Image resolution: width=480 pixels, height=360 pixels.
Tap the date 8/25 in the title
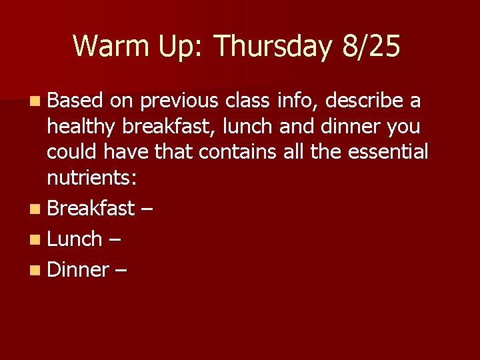coord(371,47)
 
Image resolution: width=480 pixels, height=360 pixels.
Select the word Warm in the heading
coord(109,47)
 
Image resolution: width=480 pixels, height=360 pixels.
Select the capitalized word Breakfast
coord(91,208)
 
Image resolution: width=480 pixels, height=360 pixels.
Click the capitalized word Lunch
coord(74,239)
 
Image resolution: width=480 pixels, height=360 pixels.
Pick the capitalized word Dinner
coord(78,269)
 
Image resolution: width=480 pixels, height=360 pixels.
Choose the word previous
coord(179,101)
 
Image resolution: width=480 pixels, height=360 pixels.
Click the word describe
coord(363,101)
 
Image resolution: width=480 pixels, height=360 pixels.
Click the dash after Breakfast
coord(147,209)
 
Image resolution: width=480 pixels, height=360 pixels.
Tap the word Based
coord(75,101)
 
